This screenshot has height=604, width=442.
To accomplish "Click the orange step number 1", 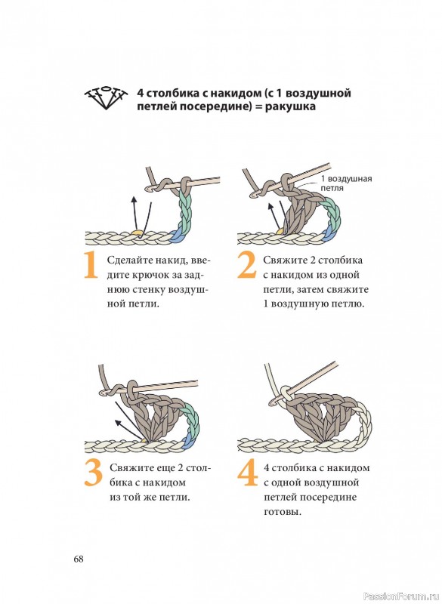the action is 91,265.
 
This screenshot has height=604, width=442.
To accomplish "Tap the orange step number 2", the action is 246,265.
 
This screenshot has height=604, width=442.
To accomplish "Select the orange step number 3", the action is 93,473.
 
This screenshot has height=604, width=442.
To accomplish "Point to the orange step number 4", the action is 247,473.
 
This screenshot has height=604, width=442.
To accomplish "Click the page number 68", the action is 79,559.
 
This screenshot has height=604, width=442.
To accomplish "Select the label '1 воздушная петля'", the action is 347,183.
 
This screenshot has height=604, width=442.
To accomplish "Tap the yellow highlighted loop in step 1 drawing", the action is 137,233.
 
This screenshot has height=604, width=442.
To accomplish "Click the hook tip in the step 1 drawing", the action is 148,190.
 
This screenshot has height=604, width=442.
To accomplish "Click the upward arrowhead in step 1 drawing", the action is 134,199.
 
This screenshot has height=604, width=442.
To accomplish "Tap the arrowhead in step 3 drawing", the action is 119,423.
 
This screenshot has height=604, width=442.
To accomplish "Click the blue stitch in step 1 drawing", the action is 178,236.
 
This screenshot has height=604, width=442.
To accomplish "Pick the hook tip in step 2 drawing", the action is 253,196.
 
